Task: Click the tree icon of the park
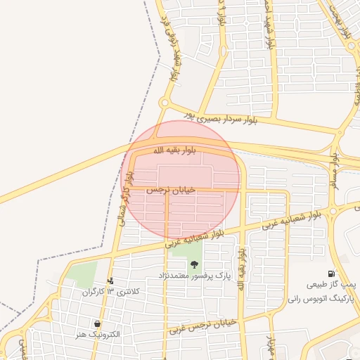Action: pos(194,264)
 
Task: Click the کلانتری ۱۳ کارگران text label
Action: pos(111,291)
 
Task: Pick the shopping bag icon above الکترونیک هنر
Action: pos(96,324)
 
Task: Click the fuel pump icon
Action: pos(330,274)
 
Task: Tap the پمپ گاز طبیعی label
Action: pos(333,285)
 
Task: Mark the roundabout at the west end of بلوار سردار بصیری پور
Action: pos(164,103)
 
